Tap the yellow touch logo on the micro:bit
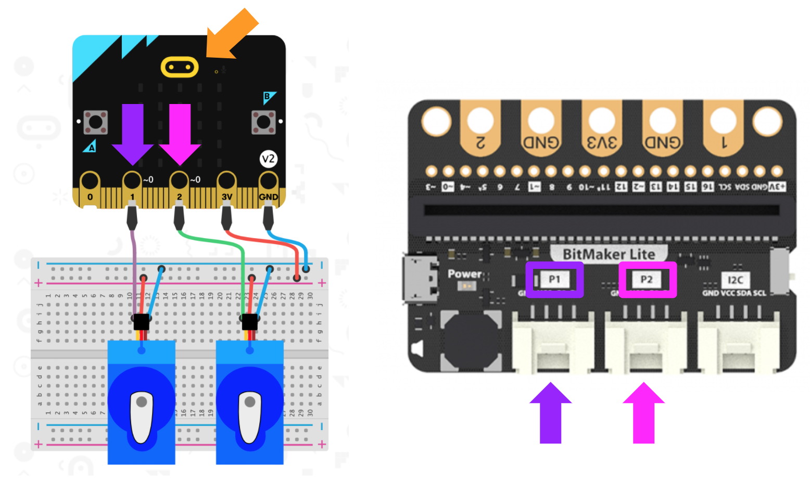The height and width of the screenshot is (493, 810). [180, 67]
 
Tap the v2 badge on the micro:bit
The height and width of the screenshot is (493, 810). [268, 159]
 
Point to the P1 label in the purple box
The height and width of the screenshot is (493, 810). [554, 280]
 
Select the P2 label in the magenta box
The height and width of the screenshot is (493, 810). [647, 280]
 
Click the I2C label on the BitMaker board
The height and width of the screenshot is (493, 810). [735, 280]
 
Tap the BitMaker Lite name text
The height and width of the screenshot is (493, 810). [609, 254]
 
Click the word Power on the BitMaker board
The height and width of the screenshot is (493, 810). [465, 274]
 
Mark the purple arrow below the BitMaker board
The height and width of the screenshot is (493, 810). [551, 413]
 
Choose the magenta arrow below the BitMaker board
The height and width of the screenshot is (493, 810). [644, 413]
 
